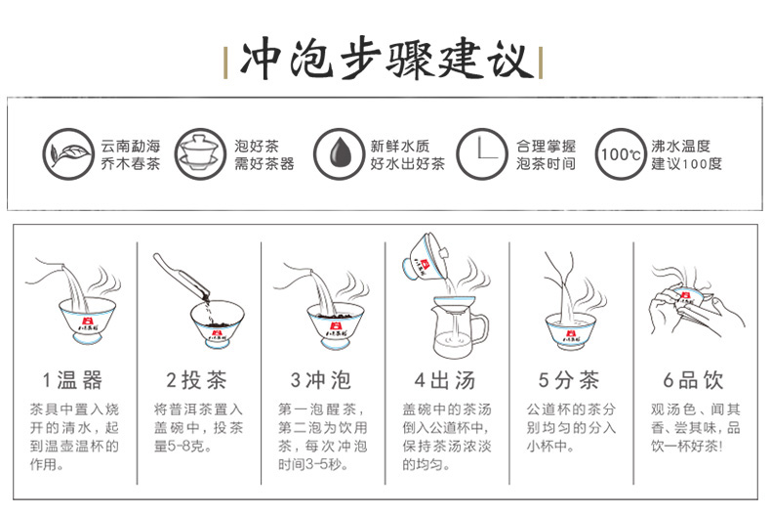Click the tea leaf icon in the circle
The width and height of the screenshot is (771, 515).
[x=68, y=154]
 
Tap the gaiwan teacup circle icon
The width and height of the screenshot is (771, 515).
[x=200, y=154]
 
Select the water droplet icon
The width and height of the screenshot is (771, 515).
[x=339, y=154]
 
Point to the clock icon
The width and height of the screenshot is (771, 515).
[x=481, y=154]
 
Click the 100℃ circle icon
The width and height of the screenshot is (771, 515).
[x=621, y=154]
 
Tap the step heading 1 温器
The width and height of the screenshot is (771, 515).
[x=73, y=380]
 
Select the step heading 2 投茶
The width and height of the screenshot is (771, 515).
[x=197, y=380]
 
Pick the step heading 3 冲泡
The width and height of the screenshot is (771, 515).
[x=320, y=380]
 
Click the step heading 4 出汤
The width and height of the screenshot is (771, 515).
[x=444, y=380]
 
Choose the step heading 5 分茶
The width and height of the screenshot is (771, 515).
[x=569, y=380]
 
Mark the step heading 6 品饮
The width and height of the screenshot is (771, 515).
[x=693, y=380]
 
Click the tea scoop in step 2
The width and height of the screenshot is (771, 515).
[x=181, y=278]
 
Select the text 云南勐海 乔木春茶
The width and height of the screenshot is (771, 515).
[x=131, y=154]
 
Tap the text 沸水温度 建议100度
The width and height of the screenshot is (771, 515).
[x=686, y=154]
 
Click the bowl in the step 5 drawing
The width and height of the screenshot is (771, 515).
[x=570, y=332]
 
